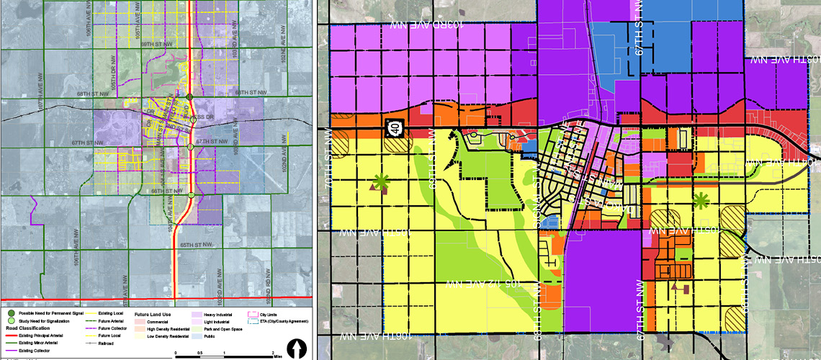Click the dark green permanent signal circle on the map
pyautogui.click(x=189, y=97)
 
